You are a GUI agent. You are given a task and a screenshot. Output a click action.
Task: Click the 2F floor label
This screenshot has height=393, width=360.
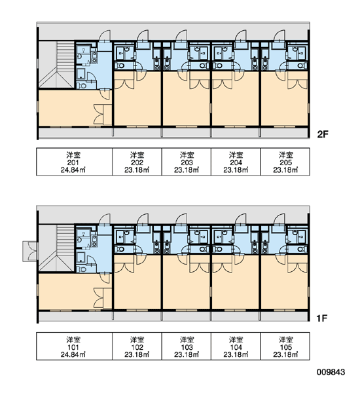coord(323,134)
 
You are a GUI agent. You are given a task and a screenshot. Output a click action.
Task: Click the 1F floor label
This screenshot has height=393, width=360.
coord(322,318)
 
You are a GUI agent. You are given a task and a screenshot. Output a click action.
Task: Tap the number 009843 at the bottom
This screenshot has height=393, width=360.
coord(331,372)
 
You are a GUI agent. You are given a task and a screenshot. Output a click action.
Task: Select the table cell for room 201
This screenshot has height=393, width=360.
coord(75,162)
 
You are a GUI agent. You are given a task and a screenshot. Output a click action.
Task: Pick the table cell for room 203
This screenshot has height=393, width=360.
coord(187,162)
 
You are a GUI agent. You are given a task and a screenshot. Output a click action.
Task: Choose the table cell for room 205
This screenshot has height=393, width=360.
coord(285,162)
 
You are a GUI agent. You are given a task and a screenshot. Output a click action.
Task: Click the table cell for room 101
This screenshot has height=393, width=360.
coord(75,346)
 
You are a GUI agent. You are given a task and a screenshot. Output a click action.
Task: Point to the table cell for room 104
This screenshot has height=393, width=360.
coord(236,346)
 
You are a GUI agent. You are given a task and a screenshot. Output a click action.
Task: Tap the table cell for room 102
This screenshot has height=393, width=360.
coord(137,346)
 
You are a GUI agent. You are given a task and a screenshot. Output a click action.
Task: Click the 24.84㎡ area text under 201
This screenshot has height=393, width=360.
coord(73,170)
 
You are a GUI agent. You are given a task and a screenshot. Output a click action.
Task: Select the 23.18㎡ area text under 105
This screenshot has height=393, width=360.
coord(285,354)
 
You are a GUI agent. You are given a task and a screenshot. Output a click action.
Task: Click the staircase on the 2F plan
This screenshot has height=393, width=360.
coord(57,65)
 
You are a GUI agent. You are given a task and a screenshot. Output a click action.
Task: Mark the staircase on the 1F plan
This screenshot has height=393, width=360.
coord(57,248)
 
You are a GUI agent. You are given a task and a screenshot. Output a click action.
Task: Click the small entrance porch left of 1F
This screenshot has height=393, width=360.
coord(30,252)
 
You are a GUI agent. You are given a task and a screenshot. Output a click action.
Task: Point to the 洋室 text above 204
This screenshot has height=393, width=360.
coord(236,155)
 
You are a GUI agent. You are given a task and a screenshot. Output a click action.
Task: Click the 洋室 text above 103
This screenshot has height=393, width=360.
coord(187,339)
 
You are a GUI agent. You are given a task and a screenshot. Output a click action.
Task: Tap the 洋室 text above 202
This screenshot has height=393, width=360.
coord(137,155)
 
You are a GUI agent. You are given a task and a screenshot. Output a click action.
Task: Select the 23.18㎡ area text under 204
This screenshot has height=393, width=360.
coord(236,170)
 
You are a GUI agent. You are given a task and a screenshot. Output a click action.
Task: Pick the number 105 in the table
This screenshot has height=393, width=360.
coord(286,347)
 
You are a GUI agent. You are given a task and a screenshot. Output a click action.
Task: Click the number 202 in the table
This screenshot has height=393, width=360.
coord(137,162)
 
